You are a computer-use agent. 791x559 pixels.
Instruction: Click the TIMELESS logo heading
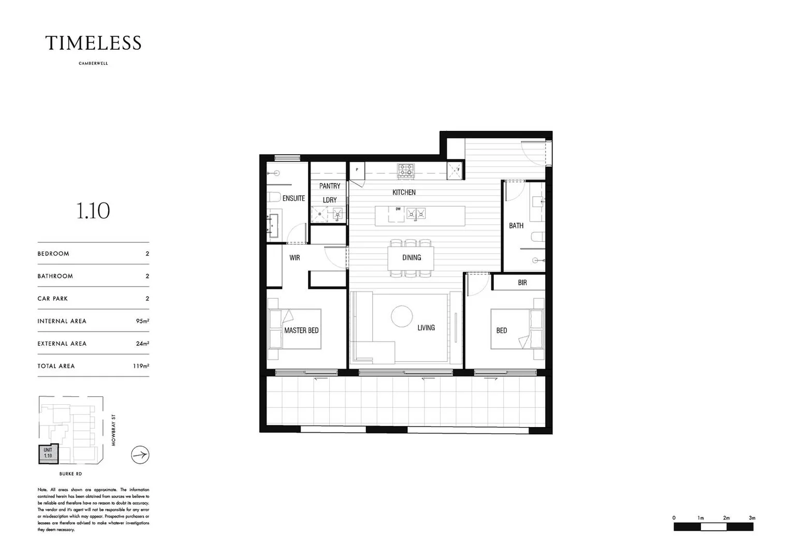(93, 43)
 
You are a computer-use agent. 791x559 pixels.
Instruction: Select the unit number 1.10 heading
(93, 211)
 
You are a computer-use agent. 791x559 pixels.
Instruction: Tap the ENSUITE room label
(294, 198)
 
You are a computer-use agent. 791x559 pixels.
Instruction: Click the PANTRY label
(330, 186)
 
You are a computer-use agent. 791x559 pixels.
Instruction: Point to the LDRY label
(330, 200)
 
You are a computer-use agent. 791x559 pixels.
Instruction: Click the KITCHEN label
(404, 193)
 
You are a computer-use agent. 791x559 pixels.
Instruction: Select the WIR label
(295, 258)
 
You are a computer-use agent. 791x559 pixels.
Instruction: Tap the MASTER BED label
(301, 330)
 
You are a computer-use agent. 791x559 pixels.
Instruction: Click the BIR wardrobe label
(522, 283)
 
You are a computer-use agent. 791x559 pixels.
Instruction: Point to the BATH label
(516, 226)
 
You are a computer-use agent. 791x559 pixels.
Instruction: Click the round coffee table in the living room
(402, 316)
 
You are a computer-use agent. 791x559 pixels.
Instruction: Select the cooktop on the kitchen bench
(406, 170)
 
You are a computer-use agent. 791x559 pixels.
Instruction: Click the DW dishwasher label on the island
(398, 209)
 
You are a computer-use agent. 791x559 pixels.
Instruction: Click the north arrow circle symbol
(140, 455)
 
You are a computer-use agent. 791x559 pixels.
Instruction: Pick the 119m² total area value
(141, 366)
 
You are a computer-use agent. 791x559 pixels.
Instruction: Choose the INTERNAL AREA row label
(62, 321)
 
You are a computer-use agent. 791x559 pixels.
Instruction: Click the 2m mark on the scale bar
(726, 518)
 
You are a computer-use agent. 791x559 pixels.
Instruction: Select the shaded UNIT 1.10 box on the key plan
(48, 453)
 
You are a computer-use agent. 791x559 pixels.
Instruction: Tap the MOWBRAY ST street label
(113, 430)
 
